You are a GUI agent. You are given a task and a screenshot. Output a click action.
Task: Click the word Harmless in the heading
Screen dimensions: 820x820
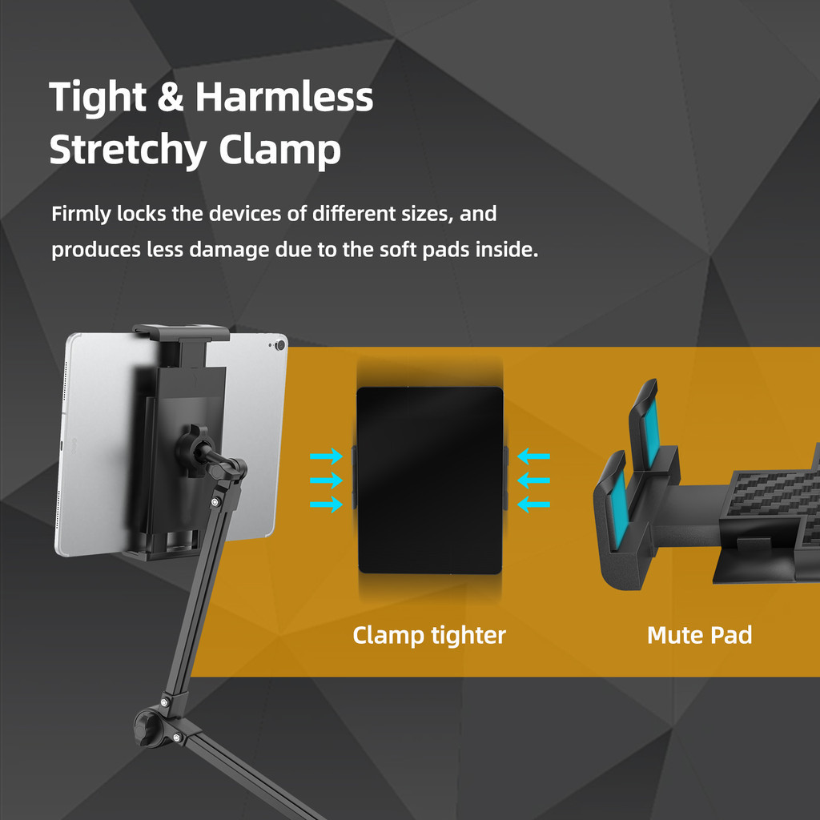tap(284, 97)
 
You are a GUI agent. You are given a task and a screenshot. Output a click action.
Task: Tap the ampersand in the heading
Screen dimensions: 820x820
tap(171, 97)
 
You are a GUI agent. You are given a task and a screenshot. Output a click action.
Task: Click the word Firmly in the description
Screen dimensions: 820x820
tap(81, 215)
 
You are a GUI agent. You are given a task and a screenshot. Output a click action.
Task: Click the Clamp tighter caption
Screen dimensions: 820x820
tap(429, 636)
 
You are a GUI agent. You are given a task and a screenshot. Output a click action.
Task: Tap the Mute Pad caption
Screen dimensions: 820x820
tap(699, 635)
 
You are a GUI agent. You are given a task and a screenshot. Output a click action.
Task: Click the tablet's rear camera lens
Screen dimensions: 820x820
tap(281, 345)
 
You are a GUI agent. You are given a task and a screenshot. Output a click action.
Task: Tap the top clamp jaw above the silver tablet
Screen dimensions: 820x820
tap(181, 332)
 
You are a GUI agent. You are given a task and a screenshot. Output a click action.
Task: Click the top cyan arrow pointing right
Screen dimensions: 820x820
tap(327, 456)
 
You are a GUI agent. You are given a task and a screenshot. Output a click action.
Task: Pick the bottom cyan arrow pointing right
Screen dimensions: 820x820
tap(327, 504)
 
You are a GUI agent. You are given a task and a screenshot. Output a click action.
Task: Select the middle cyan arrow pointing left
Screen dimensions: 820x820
tap(533, 480)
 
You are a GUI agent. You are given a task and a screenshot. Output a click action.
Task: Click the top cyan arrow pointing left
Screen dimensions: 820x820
tap(533, 456)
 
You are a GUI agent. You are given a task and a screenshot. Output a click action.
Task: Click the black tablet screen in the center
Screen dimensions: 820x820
tap(430, 480)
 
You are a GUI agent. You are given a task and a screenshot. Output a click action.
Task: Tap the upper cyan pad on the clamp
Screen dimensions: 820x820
tap(651, 433)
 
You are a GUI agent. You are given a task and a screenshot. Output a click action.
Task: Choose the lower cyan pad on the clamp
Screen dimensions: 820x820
tap(621, 508)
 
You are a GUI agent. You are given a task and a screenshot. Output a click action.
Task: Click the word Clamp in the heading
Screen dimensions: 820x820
tap(279, 151)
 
